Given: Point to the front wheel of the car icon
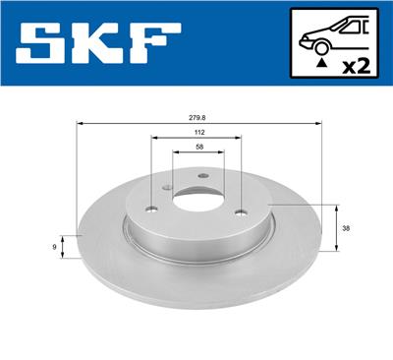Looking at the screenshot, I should pyautogui.click(x=319, y=46).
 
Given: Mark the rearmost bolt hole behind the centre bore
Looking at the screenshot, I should pyautogui.click(x=203, y=176).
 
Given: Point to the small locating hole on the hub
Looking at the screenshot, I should pyautogui.click(x=168, y=191).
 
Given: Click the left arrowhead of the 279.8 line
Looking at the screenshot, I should pyautogui.click(x=80, y=123).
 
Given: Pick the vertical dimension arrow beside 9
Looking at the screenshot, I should pyautogui.click(x=65, y=247).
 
